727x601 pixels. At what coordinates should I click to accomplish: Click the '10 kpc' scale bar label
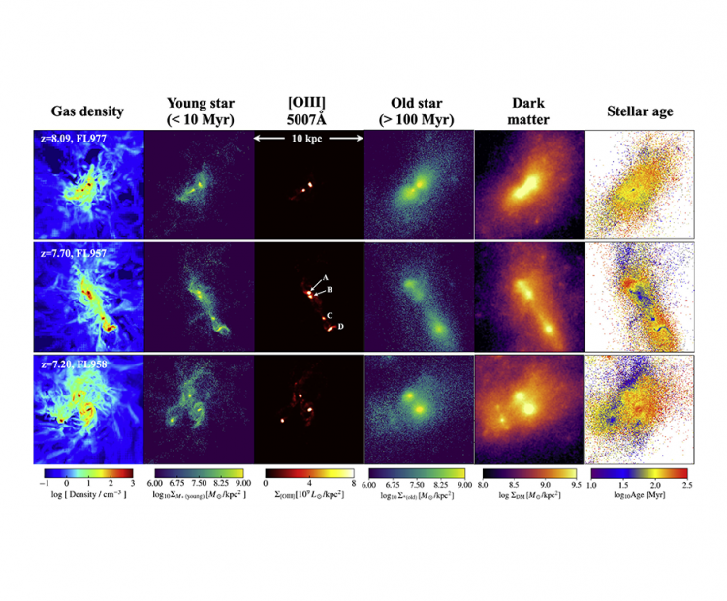click(x=308, y=140)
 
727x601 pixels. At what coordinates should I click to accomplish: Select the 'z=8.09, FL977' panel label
click(x=74, y=139)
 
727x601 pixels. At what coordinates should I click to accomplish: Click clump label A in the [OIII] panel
click(x=326, y=277)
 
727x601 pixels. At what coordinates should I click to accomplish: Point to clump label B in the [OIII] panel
click(x=330, y=290)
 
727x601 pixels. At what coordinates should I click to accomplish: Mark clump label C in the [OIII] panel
click(x=330, y=315)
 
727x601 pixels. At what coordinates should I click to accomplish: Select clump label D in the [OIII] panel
click(x=339, y=327)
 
